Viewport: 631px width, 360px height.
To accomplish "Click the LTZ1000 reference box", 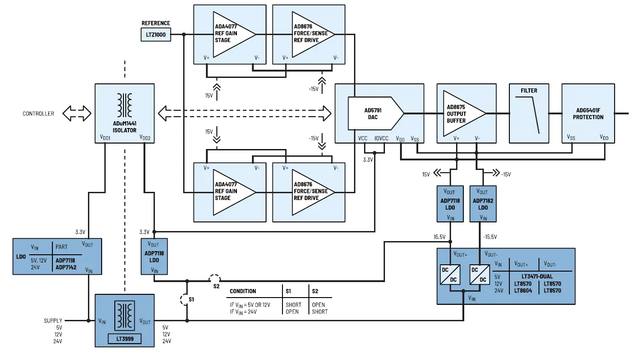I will click(x=156, y=35).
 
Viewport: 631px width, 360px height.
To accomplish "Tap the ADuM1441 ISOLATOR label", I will click(x=124, y=127).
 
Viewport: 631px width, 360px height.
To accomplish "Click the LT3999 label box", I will click(x=124, y=339).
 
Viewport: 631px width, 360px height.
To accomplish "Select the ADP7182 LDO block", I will click(x=483, y=204).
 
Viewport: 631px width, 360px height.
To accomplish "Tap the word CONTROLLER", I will click(x=38, y=113).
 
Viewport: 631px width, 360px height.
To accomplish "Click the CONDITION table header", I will click(x=243, y=291).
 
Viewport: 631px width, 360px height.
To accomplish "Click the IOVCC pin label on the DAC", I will click(x=381, y=138).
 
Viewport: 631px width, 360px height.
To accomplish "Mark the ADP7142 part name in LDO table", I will click(x=67, y=267).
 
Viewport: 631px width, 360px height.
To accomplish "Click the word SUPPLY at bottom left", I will click(x=53, y=320).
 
